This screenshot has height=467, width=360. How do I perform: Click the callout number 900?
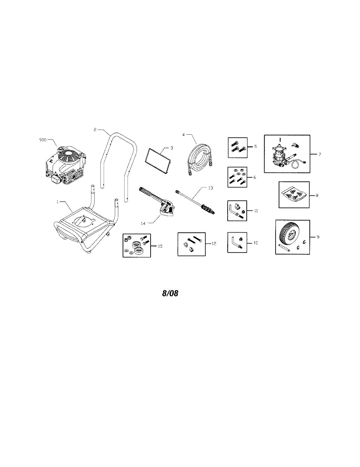tap(43, 139)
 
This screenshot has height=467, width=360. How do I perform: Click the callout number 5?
tap(255, 147)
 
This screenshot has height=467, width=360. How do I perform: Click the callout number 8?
tap(317, 195)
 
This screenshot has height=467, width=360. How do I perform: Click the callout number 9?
tap(318, 237)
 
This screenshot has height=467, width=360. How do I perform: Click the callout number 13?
tap(211, 188)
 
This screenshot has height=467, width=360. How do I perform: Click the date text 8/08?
tap(170, 293)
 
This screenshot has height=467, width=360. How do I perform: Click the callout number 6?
tap(254, 177)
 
